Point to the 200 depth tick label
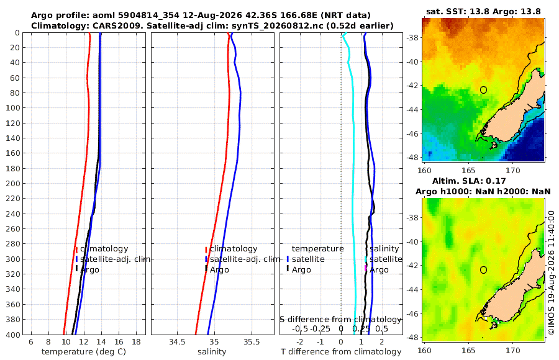[x=13, y=183]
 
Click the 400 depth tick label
[x=13, y=335]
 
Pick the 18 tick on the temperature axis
[x=136, y=342]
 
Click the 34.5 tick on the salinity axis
[x=177, y=342]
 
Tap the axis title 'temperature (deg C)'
[x=84, y=352]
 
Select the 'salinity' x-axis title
[x=212, y=352]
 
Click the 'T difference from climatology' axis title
[x=341, y=352]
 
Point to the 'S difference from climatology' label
[x=340, y=319]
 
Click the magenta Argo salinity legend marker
[x=365, y=268]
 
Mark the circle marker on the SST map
[x=483, y=90]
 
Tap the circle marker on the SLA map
[x=483, y=270]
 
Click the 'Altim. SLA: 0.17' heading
[x=469, y=181]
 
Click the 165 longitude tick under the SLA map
[x=468, y=350]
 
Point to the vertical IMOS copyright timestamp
[x=552, y=272]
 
